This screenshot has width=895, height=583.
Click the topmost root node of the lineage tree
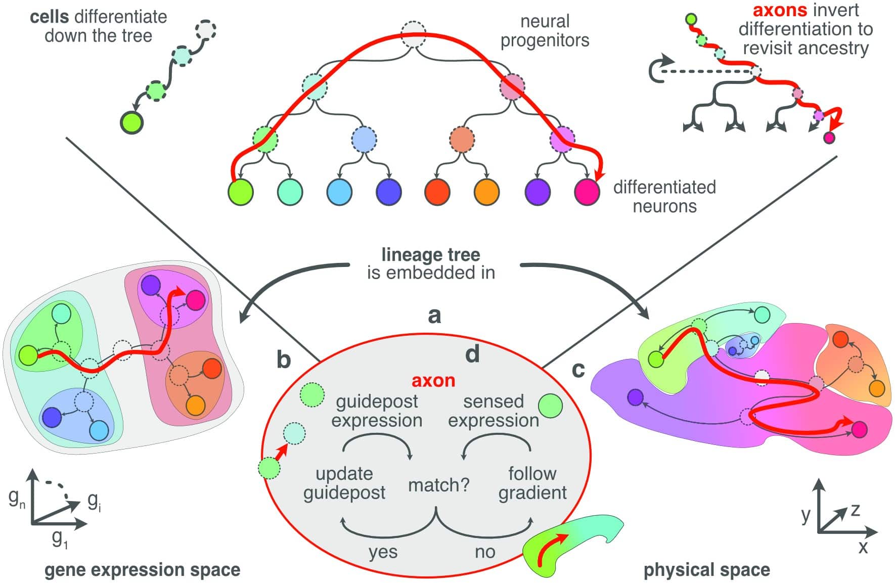(x=414, y=34)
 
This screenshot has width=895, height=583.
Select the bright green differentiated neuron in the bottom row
(x=240, y=192)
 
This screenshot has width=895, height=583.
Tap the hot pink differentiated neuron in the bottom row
(x=587, y=192)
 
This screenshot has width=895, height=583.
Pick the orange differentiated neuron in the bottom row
(x=486, y=192)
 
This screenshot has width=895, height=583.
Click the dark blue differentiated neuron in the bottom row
(x=389, y=192)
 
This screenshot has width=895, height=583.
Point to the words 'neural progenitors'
(x=545, y=31)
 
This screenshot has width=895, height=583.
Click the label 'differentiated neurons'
(x=664, y=197)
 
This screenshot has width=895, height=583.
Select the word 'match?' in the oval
(x=438, y=485)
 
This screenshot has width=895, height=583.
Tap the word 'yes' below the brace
(x=383, y=552)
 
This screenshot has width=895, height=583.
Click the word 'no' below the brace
(x=484, y=552)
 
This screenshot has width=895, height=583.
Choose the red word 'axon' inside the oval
(x=433, y=380)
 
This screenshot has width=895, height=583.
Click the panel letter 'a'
(x=434, y=316)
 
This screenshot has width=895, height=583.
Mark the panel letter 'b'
(x=284, y=360)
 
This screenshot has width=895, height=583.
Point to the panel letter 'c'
(x=578, y=370)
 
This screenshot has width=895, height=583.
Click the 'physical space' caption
(x=706, y=570)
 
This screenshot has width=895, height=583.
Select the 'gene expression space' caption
(x=142, y=570)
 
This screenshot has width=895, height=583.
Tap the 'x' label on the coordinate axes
(x=863, y=547)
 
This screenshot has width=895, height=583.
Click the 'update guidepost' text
(x=344, y=483)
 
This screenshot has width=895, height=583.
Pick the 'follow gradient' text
(x=532, y=483)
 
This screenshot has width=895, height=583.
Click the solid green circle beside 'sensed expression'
(x=550, y=406)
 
